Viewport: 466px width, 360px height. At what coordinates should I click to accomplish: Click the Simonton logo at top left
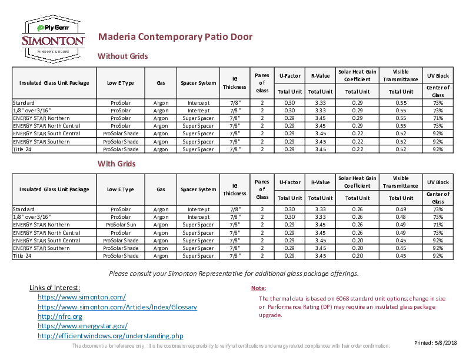click(x=53, y=39)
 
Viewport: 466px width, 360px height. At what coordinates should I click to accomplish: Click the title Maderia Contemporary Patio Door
click(x=175, y=37)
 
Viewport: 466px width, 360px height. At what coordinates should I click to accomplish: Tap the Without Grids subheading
click(x=123, y=56)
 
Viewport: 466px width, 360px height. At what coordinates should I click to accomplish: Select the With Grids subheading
click(x=116, y=164)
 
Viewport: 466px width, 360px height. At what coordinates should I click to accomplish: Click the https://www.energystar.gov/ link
click(x=82, y=326)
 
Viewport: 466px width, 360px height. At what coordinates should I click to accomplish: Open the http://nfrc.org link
click(x=60, y=316)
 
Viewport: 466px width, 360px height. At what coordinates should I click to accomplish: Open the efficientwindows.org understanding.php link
click(x=111, y=336)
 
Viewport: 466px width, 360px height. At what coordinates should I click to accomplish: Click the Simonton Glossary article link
click(x=118, y=307)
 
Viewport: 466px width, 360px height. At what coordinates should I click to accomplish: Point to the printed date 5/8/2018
click(x=446, y=343)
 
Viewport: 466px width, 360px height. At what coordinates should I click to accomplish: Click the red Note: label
click(x=258, y=288)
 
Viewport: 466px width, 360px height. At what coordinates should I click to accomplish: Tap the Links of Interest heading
click(x=55, y=288)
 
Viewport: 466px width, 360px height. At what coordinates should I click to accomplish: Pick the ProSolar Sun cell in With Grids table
click(x=121, y=225)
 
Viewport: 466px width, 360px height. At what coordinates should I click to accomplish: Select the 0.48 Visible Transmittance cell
click(x=401, y=217)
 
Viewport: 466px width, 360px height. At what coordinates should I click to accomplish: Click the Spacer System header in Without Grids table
click(x=198, y=83)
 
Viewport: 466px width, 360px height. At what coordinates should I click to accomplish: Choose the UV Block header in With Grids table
click(x=438, y=182)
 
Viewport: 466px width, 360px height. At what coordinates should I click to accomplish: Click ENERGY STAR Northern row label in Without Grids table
click(x=41, y=118)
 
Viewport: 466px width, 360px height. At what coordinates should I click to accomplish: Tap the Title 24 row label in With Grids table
click(x=22, y=256)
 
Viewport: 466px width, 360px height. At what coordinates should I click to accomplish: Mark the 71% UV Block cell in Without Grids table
click(x=438, y=118)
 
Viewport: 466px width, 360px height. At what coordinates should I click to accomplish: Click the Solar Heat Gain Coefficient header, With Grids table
click(x=357, y=182)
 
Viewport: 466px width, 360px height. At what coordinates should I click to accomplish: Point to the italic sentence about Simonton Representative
click(x=234, y=274)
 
